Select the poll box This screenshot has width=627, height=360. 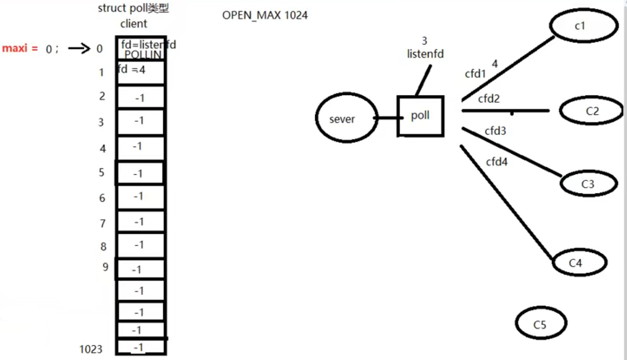pos(420,116)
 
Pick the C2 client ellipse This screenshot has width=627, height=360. pos(591,112)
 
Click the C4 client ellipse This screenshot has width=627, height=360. pos(579,263)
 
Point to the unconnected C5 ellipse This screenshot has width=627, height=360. pos(541,324)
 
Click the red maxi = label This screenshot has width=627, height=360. pos(20,48)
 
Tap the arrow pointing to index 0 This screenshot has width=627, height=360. pos(79,48)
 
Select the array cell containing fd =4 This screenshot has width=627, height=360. pos(140,72)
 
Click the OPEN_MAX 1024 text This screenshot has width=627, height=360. pos(265,15)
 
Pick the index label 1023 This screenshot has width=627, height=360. pos(91,349)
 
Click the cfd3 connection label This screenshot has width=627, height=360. pos(495,131)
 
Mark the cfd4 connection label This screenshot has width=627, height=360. pos(496,162)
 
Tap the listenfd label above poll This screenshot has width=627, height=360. pos(425,54)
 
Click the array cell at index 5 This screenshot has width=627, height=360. pos(139,173)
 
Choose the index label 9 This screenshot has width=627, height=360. pos(106,266)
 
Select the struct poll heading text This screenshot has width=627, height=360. pos(133,9)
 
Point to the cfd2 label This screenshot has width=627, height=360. pos(489,99)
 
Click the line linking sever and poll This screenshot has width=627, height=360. pos(387,118)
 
